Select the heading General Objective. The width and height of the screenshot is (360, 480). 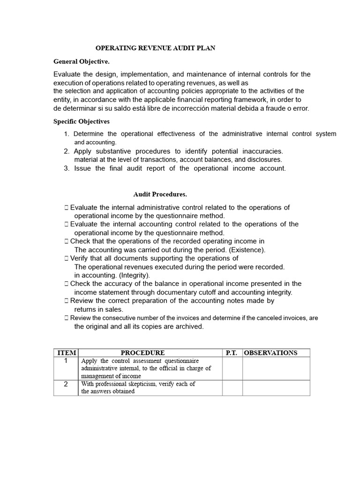pyautogui.click(x=82, y=61)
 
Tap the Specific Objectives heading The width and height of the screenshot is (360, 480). pyautogui.click(x=82, y=121)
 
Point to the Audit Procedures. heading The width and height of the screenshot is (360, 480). pyautogui.click(x=160, y=194)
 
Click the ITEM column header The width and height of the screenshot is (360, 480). pyautogui.click(x=66, y=352)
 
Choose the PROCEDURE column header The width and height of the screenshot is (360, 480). pyautogui.click(x=143, y=352)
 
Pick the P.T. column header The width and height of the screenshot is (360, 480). pyautogui.click(x=232, y=352)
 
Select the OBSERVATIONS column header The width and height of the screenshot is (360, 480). pyautogui.click(x=271, y=352)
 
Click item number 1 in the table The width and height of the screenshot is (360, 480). pyautogui.click(x=66, y=360)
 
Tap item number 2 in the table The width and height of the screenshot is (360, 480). pyautogui.click(x=66, y=384)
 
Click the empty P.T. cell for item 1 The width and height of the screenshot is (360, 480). pyautogui.click(x=232, y=368)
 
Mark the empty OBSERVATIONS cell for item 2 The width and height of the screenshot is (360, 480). pyautogui.click(x=276, y=388)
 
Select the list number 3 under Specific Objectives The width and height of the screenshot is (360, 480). pyautogui.click(x=67, y=168)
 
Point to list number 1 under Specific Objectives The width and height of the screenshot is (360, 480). pyautogui.click(x=67, y=134)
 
